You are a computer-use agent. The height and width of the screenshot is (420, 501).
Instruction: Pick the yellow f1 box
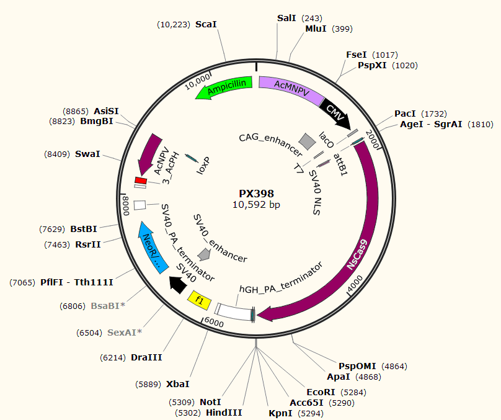[200, 300]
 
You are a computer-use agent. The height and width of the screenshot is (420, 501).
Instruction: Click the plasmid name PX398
[256, 194]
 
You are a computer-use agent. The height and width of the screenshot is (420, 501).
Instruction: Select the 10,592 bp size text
[256, 205]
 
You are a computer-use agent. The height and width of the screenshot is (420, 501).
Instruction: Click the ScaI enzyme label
[206, 24]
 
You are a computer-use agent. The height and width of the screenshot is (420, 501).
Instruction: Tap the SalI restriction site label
[286, 18]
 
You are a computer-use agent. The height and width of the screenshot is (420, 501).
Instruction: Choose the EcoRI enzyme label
[321, 392]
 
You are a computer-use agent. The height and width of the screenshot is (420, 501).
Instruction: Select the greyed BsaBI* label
[109, 306]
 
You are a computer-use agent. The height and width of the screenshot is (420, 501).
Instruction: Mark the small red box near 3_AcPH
[140, 180]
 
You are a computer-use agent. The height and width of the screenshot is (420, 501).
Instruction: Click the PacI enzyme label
[405, 114]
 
